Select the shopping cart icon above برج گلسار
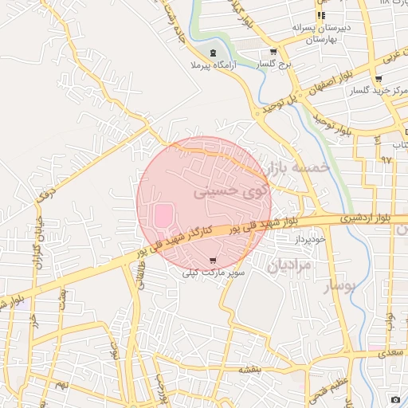click(x=273, y=52)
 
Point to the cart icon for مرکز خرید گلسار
click(x=378, y=79)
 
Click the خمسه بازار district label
click(x=297, y=167)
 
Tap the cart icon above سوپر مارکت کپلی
click(x=212, y=261)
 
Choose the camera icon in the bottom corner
click(x=395, y=398)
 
